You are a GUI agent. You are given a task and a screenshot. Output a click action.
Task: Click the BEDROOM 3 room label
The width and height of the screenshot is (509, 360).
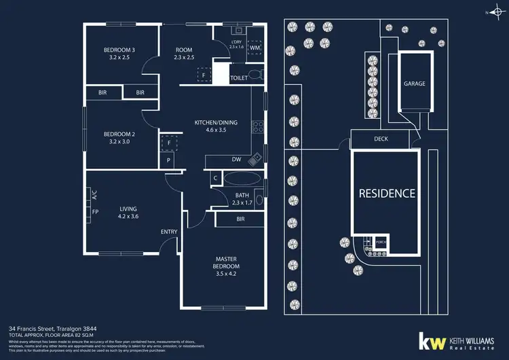point(119,50)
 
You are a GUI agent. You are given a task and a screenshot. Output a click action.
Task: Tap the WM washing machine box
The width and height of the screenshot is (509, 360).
point(254,48)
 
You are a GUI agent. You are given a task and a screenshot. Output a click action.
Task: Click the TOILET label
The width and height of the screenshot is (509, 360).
point(239,78)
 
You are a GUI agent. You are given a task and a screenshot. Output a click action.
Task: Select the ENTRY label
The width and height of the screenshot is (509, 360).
point(169,232)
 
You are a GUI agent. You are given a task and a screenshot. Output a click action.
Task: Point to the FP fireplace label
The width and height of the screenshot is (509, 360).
point(95,212)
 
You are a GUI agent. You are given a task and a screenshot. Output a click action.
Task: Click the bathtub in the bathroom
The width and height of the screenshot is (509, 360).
point(241,179)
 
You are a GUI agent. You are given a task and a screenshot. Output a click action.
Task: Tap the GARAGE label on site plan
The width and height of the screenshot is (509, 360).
point(414,84)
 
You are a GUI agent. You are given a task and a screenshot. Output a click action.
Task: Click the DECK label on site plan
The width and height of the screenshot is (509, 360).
point(381,139)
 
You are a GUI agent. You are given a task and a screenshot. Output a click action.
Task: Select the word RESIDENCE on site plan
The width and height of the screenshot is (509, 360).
point(387,194)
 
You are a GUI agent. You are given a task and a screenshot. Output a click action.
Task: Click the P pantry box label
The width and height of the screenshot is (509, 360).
point(170,160)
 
